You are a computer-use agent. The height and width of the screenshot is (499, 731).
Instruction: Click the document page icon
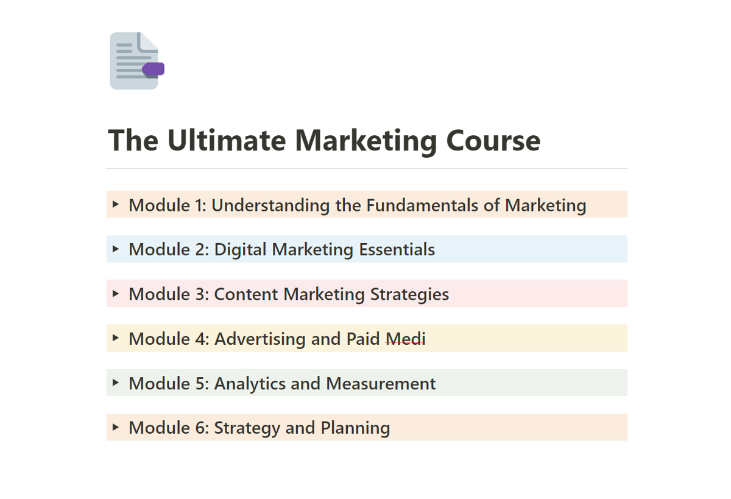[133, 60]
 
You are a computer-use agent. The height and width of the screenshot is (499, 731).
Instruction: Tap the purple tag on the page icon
[154, 69]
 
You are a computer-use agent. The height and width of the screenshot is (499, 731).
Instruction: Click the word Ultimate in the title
[227, 140]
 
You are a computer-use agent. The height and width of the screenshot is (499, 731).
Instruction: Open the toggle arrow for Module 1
[115, 205]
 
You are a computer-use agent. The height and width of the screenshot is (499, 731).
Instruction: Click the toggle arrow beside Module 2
[115, 249]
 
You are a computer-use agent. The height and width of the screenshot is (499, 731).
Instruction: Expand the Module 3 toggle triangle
[115, 294]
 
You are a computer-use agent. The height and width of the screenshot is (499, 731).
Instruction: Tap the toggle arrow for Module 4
[115, 338]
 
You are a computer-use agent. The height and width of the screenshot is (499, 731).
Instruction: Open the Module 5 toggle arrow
[115, 383]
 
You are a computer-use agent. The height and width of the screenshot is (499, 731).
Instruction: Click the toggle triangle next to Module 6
[115, 427]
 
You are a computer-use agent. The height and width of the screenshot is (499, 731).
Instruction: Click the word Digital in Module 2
[241, 249]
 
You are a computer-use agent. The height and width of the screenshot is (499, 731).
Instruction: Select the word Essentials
[397, 249]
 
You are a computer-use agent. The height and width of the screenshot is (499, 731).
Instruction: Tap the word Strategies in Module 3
[409, 294]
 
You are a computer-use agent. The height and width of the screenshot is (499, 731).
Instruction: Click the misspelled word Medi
[405, 338]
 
